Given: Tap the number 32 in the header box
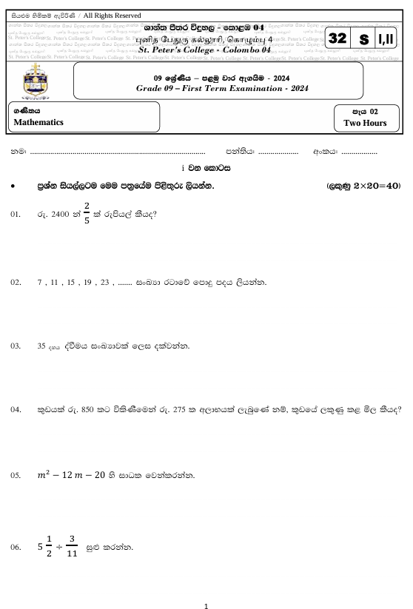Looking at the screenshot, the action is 338,38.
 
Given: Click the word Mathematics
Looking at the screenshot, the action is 38,123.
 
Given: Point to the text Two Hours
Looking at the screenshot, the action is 365,123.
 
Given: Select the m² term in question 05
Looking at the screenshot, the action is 44,473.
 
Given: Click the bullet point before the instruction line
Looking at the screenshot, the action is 14,186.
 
